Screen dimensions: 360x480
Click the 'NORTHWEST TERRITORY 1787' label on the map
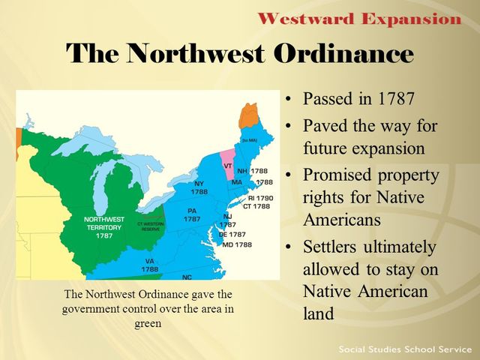tap(103, 227)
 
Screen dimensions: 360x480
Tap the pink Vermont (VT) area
tap(229, 160)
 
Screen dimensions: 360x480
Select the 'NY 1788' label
tap(199, 187)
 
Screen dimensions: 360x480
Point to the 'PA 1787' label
tap(192, 215)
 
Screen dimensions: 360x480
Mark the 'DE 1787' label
tap(232, 235)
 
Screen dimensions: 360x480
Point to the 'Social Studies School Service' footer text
tap(403, 349)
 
